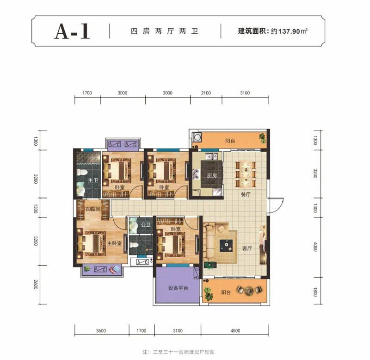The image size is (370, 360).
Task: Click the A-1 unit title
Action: point(72,31)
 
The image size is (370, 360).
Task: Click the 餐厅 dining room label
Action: point(245,195)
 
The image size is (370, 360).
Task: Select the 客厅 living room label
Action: point(247,248)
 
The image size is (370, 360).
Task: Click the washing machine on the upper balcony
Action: point(198,137)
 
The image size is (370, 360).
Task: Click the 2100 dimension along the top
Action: point(206,93)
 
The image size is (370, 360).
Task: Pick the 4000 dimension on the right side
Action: point(315,247)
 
